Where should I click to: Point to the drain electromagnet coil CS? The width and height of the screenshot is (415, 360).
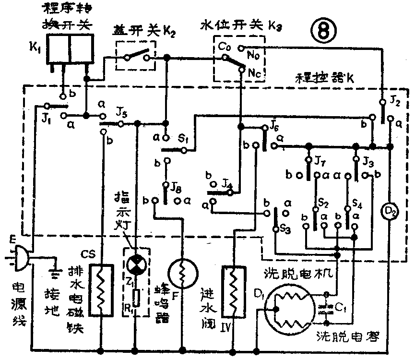point(101,288)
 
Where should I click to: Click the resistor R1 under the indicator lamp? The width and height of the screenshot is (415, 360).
point(137,298)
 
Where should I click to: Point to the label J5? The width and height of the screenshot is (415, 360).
point(121,113)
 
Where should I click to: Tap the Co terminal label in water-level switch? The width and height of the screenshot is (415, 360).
point(224,47)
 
